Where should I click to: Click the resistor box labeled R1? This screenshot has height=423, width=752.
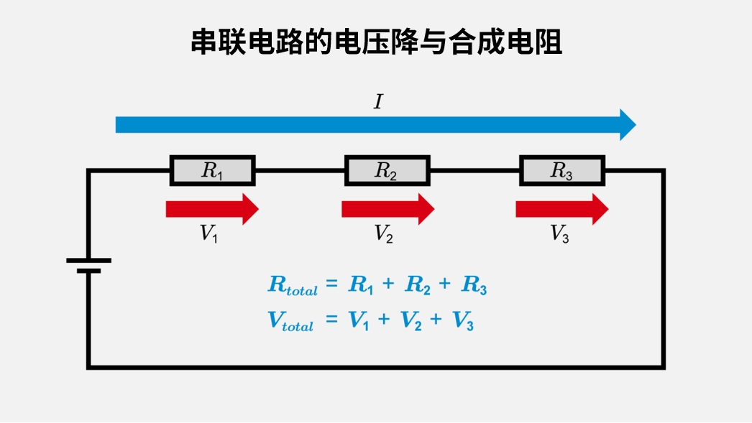212,171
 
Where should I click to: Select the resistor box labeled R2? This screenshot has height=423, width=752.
387,171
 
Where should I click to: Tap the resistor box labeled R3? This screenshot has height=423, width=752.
561,171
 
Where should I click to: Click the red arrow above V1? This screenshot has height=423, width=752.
211,209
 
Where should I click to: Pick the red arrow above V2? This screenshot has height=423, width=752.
387,209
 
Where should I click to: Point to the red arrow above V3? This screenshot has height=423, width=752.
561,209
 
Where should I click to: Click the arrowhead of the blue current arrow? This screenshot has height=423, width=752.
628,125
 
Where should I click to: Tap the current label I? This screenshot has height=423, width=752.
378,103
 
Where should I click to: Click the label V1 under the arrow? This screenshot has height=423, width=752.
208,234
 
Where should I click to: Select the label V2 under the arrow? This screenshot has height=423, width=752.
383,234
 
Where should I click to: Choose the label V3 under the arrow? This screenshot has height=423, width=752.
559,234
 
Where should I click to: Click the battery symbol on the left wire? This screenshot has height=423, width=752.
88,265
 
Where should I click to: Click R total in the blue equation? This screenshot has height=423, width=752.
292,286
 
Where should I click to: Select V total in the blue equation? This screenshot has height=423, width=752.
290,322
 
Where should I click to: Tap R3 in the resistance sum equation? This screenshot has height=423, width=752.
474,285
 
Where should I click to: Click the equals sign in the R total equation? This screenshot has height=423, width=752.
331,285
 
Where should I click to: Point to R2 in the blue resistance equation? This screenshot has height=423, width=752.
418,285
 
